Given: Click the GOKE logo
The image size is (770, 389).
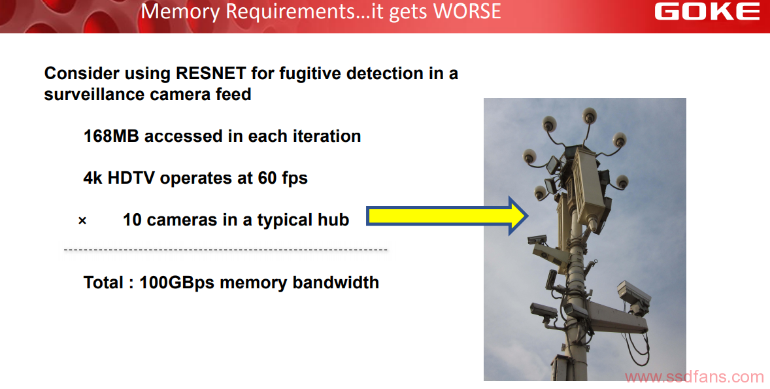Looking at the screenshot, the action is click(x=707, y=11).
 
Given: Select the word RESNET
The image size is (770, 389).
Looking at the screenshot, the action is click(x=210, y=73).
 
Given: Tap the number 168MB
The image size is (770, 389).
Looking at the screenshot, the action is click(x=111, y=136).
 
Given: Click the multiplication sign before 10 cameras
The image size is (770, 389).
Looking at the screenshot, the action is click(x=82, y=221).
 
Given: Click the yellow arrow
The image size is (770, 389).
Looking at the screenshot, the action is click(x=447, y=216).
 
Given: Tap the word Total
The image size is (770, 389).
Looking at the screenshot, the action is click(x=103, y=282).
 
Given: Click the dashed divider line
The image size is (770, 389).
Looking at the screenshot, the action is click(x=226, y=250).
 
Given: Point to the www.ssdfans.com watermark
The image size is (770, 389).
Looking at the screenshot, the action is click(x=694, y=377).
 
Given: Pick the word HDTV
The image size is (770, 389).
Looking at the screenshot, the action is click(x=131, y=178).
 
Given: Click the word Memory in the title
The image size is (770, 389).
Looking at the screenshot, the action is click(x=180, y=12).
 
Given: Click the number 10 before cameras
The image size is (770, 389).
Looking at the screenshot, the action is click(x=132, y=220).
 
